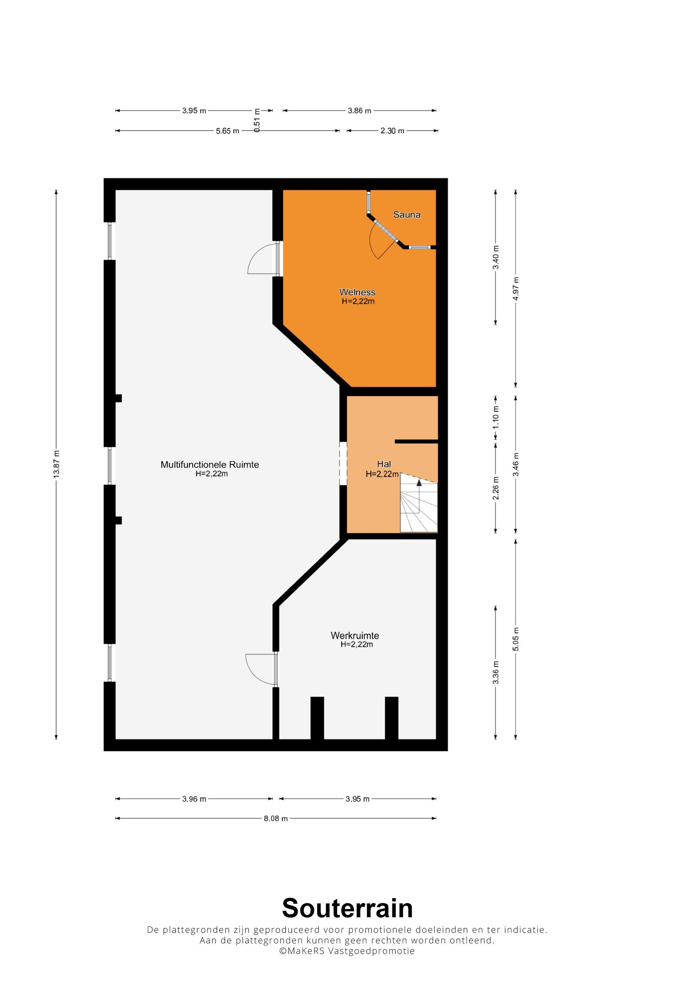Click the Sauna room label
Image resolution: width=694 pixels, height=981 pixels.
pos(406,215)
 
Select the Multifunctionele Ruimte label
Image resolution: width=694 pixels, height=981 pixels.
pos(210,465)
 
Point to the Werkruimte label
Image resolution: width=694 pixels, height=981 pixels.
pos(355,635)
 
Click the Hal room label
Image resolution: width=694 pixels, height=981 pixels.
pos(384,464)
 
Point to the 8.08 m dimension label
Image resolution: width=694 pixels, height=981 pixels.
pos(275,818)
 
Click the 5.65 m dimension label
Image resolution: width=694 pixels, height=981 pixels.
pos(227,131)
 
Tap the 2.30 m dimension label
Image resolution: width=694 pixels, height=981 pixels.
pos(392,131)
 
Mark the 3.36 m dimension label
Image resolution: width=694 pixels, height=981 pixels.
pos(496,672)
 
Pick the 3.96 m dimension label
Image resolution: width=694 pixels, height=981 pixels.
pos(194,798)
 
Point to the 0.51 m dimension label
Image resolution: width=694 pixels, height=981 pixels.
pos(257,120)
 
